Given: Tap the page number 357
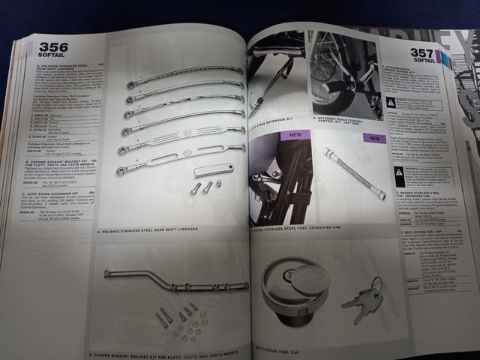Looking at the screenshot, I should (424, 54).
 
